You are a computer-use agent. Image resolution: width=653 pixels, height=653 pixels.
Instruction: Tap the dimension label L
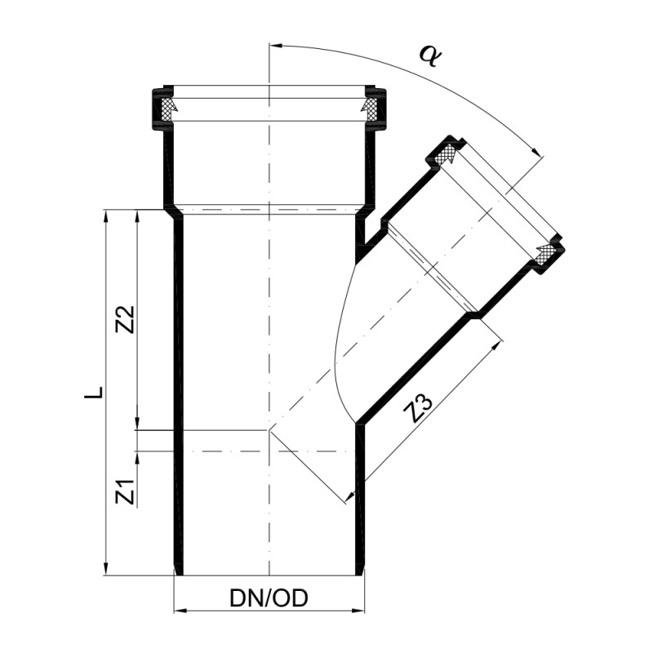[96, 393]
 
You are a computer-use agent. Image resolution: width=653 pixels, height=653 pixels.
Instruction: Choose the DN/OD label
[269, 599]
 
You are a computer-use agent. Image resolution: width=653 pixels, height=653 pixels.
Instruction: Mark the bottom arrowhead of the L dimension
[106, 570]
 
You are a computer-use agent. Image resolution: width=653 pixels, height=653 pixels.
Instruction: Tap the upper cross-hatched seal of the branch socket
[448, 154]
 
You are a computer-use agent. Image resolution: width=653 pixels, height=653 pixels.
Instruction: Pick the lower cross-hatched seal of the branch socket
[546, 252]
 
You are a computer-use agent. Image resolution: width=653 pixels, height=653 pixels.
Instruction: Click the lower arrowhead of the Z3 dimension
[349, 495]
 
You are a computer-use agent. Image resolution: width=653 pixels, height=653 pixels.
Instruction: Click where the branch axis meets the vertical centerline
[269, 429]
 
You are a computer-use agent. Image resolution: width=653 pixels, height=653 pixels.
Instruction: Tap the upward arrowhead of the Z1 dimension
[137, 455]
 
